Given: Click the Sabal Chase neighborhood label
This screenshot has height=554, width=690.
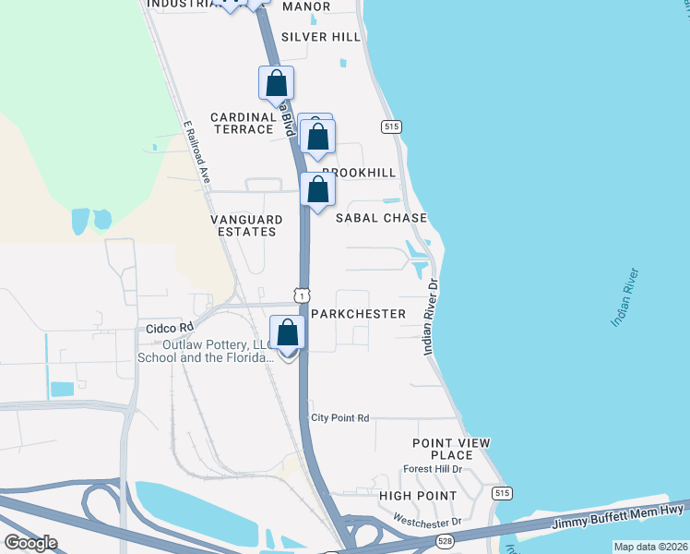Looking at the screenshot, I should pyautogui.click(x=381, y=218).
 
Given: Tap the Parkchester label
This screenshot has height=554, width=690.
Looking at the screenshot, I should pyautogui.click(x=359, y=314).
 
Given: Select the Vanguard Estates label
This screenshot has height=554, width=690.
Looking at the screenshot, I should pyautogui.click(x=244, y=225).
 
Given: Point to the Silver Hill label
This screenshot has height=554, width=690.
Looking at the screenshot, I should pyautogui.click(x=321, y=36).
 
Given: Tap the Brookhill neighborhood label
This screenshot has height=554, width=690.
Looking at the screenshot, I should pyautogui.click(x=360, y=173).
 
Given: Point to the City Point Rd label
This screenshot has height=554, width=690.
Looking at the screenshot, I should pyautogui.click(x=339, y=418).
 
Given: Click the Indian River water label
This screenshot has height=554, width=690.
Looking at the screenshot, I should pyautogui.click(x=631, y=298).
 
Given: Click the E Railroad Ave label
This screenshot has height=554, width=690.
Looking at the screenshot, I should pyautogui.click(x=197, y=150).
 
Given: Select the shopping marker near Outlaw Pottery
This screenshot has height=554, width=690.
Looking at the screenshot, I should pyautogui.click(x=288, y=333).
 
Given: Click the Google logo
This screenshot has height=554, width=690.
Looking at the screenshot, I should pyautogui.click(x=31, y=543).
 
